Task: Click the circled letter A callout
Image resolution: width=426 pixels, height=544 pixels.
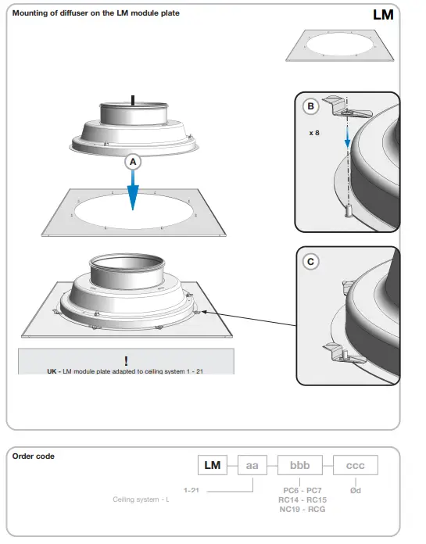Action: coord(133,162)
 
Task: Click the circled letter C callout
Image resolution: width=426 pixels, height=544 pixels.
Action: coord(310,262)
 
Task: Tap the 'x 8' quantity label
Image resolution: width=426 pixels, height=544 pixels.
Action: coord(314,133)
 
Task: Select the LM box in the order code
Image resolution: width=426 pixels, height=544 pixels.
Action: coord(213,465)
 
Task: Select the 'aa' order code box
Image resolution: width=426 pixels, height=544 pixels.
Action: coord(252,465)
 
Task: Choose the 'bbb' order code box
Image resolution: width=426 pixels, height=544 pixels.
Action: coord(300,465)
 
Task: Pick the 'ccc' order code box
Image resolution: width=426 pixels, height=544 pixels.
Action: coord(356,465)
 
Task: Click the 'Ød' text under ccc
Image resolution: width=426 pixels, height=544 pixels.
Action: coord(356,490)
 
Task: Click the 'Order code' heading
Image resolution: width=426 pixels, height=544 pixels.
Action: coord(34,456)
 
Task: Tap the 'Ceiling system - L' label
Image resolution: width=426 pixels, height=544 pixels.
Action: coord(141,499)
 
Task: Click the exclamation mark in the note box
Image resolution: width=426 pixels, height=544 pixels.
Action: coord(126,360)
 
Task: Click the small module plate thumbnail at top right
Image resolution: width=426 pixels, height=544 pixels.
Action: coord(339,46)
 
